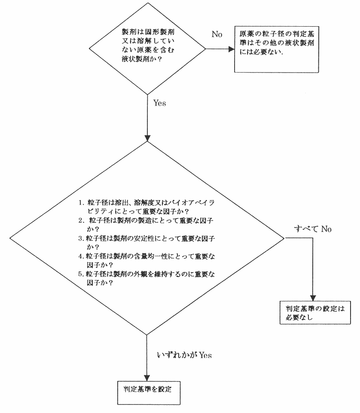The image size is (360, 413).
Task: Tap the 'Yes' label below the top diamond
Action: click(159, 103)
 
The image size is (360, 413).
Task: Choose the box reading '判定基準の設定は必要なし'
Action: click(311, 313)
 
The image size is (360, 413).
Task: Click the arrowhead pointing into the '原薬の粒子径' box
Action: click(230, 49)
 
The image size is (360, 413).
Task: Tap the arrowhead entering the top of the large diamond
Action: click(147, 138)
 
